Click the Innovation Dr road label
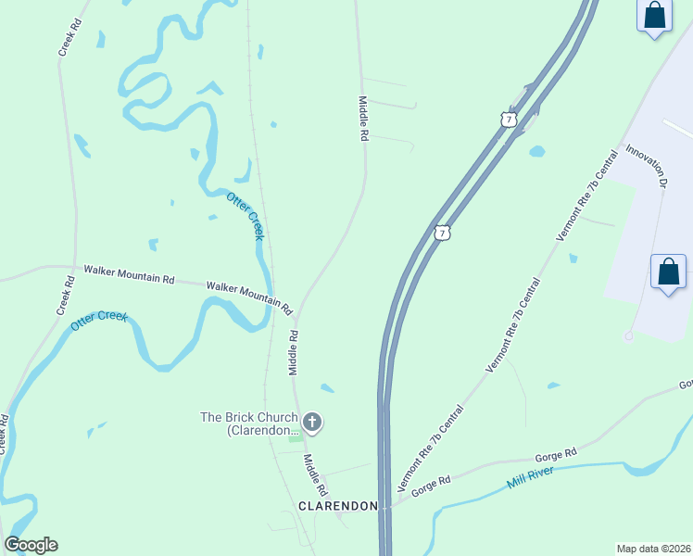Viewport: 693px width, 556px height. [x=647, y=167]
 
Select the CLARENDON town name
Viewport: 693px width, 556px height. [x=338, y=506]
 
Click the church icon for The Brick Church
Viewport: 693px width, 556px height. [x=313, y=423]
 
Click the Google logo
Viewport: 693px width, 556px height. [x=31, y=545]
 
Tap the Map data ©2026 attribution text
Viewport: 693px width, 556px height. [x=654, y=549]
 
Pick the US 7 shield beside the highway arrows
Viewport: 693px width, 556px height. [x=507, y=120]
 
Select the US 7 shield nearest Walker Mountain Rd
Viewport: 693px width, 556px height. [x=443, y=233]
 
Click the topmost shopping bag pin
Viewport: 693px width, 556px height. [x=654, y=16]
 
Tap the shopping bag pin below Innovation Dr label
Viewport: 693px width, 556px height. [x=668, y=272]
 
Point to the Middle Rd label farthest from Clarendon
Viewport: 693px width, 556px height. [x=364, y=118]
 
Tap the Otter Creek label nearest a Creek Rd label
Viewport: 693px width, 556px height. [x=97, y=322]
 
